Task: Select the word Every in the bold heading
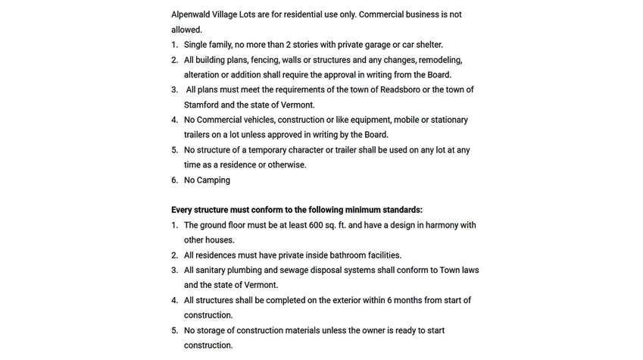point(183,210)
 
